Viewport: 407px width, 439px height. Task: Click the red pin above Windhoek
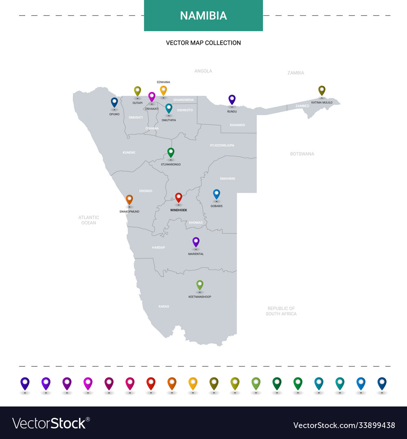[x=178, y=198]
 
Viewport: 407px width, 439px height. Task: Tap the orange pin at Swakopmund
[x=129, y=199]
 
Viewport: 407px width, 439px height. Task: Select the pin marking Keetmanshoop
[x=200, y=285]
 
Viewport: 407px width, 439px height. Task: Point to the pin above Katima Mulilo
[x=322, y=90]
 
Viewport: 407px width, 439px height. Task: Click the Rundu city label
[x=232, y=111]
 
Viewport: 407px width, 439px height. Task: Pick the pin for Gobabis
[x=217, y=194]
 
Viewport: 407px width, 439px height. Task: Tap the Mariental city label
[x=196, y=254]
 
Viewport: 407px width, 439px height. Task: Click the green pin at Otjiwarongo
[x=171, y=152]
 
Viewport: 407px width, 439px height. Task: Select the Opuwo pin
[x=114, y=102]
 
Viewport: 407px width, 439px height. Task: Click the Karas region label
[x=164, y=306]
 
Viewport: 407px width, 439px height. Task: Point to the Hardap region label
[x=158, y=247]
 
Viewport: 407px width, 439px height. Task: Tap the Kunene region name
[x=129, y=153]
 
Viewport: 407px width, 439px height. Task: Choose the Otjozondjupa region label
[x=222, y=145]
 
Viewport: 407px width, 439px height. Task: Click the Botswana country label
[x=302, y=154]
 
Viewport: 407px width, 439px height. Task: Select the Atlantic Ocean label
[x=89, y=220]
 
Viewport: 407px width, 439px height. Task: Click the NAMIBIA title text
[x=203, y=15]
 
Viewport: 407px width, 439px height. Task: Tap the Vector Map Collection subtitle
[x=203, y=43]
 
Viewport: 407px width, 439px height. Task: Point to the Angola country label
[x=203, y=71]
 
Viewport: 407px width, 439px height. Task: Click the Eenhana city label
[x=163, y=82]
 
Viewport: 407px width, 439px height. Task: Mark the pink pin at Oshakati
[x=152, y=96]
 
